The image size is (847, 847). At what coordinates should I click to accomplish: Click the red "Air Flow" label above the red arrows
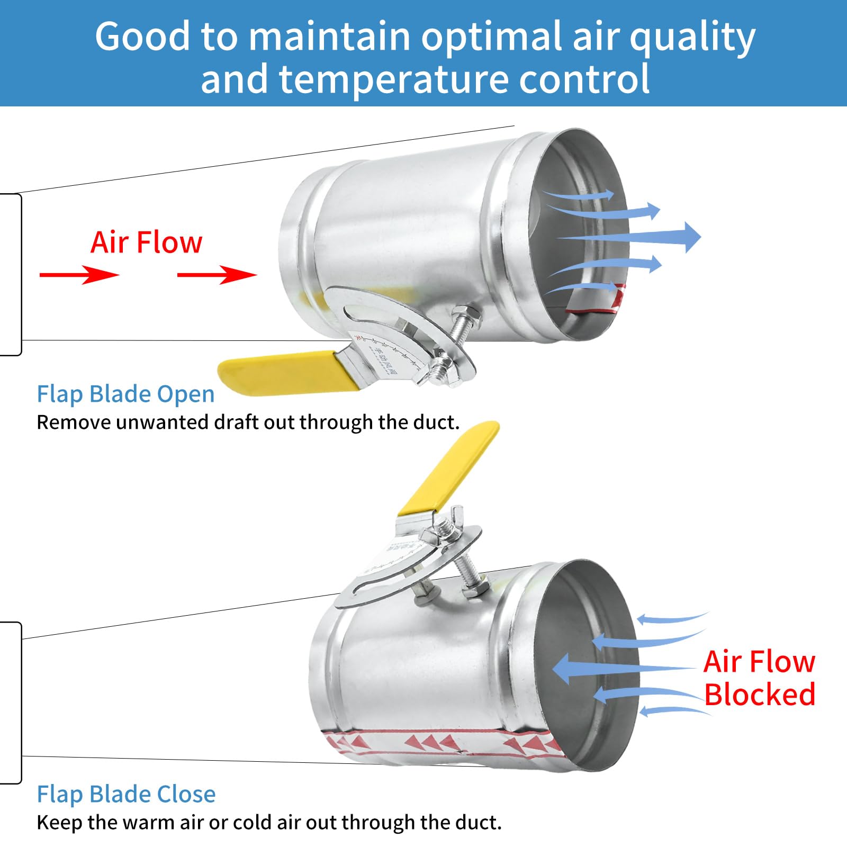[x=146, y=242]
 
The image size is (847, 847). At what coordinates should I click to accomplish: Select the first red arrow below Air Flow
[x=79, y=275]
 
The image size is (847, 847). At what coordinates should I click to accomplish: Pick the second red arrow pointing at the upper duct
[x=217, y=275]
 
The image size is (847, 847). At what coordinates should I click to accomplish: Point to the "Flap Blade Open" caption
[x=125, y=394]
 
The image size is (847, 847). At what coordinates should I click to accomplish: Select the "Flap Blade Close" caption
[x=126, y=794]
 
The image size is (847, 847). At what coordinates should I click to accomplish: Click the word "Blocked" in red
[x=760, y=695]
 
